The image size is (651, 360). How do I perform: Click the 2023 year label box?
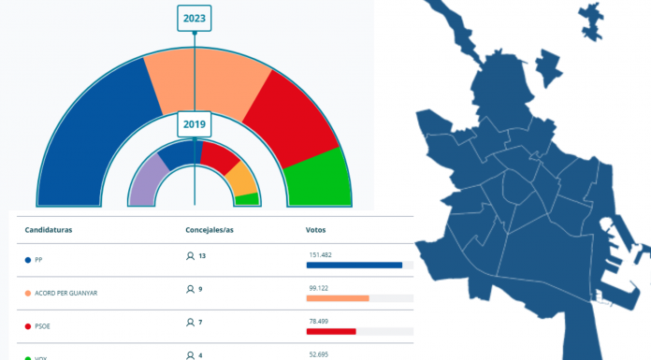[x=194, y=17]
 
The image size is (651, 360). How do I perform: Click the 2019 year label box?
[x=194, y=124]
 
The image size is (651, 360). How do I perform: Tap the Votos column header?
[x=316, y=229]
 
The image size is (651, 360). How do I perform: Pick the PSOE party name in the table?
[x=44, y=323]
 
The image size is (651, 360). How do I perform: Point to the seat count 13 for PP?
[x=201, y=256]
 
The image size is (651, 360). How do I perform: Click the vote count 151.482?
[x=321, y=254]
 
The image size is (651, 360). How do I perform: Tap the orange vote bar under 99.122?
[x=338, y=298]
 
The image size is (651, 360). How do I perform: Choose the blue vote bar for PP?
[x=354, y=265]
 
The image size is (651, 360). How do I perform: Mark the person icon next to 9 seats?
[x=190, y=290]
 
